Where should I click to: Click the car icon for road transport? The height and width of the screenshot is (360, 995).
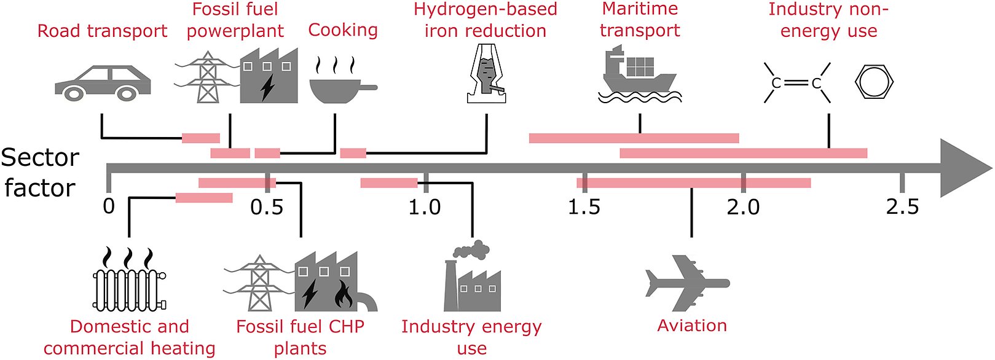(x=103, y=82)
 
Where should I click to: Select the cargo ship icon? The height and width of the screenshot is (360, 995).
(x=639, y=77)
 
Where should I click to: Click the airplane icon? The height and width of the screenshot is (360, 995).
(x=687, y=283)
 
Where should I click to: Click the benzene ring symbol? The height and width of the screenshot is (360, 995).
(x=874, y=82)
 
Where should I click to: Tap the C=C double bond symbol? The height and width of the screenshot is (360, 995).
(x=796, y=83)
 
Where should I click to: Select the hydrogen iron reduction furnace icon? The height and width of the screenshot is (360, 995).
(x=486, y=76)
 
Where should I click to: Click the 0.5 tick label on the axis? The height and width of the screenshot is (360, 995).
(x=267, y=208)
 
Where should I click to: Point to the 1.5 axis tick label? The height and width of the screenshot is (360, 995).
(x=583, y=208)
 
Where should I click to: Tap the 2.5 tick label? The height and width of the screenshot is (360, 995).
(x=902, y=208)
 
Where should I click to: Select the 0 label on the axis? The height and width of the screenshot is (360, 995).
(x=109, y=206)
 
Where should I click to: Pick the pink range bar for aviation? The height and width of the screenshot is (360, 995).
(x=693, y=183)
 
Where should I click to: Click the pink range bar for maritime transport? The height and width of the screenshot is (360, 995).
(x=634, y=138)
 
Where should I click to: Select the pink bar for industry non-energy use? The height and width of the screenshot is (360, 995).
(x=743, y=153)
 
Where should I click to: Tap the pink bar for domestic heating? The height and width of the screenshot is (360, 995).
(x=204, y=198)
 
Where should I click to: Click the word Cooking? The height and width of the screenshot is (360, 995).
(x=343, y=30)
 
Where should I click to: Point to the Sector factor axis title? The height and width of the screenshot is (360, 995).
(x=40, y=173)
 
